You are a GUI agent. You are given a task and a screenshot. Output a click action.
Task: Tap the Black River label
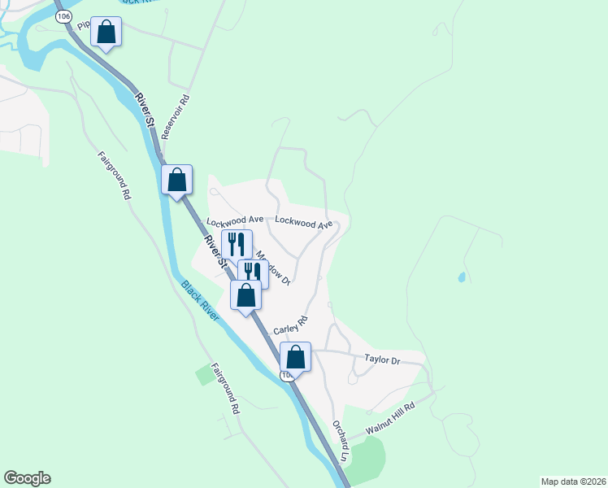(x=199, y=301)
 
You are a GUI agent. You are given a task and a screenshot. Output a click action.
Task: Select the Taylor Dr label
(x=384, y=359)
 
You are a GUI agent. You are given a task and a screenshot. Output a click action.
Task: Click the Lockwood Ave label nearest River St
(x=235, y=220)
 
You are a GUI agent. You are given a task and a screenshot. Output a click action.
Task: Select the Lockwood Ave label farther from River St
(x=304, y=222)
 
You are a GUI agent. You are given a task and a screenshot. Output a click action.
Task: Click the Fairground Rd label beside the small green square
(x=226, y=389)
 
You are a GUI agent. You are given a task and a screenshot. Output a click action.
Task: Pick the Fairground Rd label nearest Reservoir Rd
(x=114, y=176)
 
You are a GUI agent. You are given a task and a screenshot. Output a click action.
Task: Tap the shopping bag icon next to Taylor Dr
(x=295, y=357)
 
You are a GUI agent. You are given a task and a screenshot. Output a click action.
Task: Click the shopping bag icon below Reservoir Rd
(x=177, y=180)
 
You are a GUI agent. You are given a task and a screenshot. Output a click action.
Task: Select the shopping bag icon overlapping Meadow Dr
(x=245, y=295)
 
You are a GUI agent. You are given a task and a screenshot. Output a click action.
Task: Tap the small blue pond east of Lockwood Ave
(x=462, y=277)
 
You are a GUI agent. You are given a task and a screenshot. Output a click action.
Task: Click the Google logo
(x=27, y=478)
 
